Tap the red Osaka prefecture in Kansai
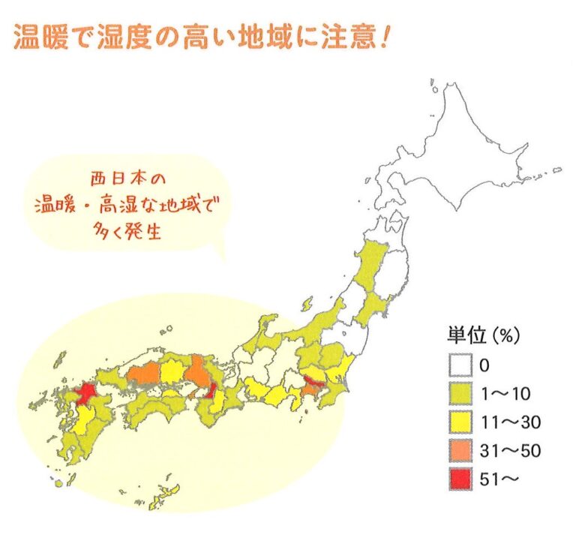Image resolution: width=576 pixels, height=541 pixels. click(x=211, y=391)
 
